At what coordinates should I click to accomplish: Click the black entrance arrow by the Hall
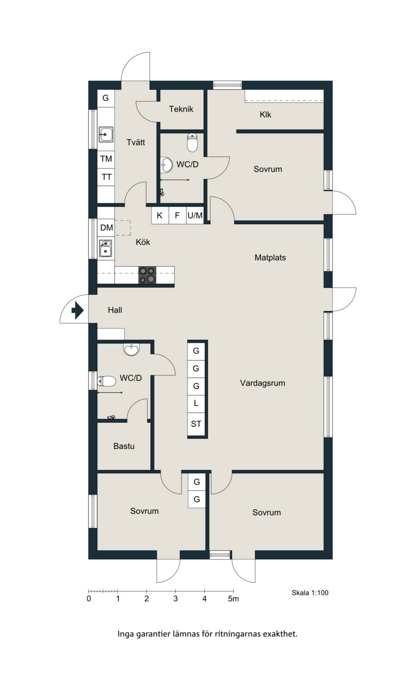78,310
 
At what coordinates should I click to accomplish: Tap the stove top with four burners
147,275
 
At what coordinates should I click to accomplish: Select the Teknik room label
181,109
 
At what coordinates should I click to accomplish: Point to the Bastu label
124,446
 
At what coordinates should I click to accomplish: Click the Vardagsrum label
262,383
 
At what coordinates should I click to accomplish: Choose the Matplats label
270,258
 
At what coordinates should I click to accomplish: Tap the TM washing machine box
106,159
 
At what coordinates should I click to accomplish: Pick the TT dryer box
106,177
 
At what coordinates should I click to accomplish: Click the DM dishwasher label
107,227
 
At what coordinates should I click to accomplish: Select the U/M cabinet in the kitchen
195,215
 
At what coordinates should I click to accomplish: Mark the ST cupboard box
196,424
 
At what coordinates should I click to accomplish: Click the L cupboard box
196,404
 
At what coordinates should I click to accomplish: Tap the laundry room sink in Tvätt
106,134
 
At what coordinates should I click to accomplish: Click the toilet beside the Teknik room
192,143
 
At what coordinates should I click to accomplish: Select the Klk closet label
265,115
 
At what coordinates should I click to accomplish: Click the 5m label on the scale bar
234,599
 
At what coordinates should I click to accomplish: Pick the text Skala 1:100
310,593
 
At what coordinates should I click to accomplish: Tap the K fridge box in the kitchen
160,215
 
